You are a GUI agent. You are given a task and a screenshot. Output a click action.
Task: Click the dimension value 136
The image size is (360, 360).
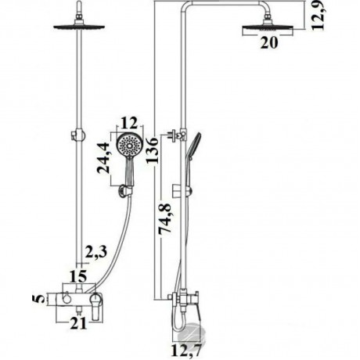[x=153, y=150]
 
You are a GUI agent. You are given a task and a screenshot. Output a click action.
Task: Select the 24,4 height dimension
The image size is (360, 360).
[x=103, y=158]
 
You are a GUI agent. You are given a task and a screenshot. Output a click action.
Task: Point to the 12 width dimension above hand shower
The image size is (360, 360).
[x=129, y=123]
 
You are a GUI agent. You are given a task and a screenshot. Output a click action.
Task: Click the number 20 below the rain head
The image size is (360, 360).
[x=269, y=42]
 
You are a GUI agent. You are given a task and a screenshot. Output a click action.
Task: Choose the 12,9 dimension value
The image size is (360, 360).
[x=318, y=15]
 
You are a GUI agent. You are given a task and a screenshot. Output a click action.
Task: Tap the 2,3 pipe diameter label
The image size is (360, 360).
[x=96, y=252]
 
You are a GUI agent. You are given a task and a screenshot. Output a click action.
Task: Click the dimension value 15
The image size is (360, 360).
[x=78, y=276]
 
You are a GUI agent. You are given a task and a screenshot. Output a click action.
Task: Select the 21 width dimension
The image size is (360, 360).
[x=78, y=324]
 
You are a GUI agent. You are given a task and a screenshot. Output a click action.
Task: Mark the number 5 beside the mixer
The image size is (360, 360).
[x=40, y=299]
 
